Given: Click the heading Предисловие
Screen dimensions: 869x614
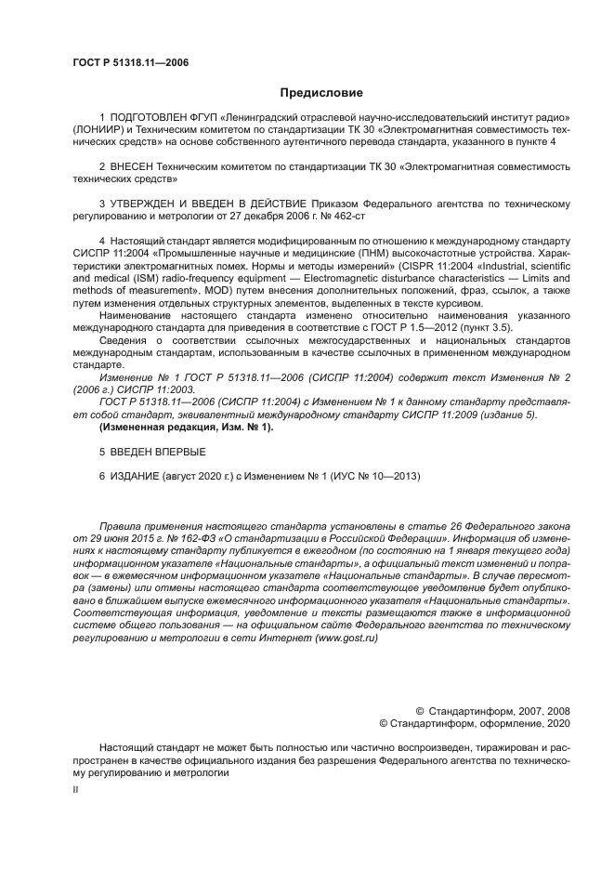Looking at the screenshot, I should pos(321,93).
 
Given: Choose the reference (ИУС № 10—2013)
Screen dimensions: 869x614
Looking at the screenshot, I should pos(372,476).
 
